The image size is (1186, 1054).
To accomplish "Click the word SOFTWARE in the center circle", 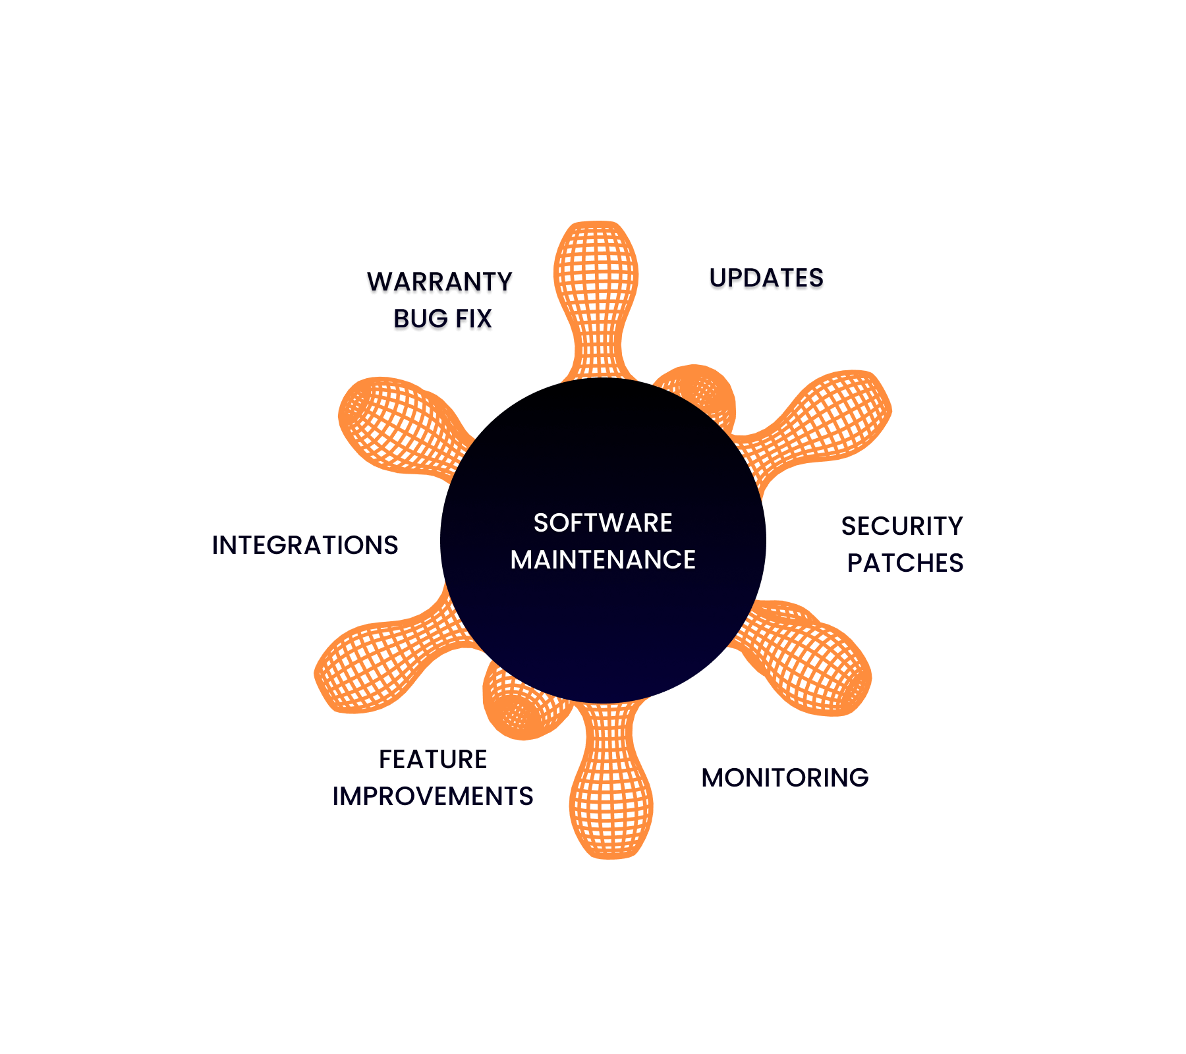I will tap(603, 523).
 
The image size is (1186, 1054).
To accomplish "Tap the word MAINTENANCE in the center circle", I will tap(603, 560).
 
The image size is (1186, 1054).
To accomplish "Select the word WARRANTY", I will tap(439, 285).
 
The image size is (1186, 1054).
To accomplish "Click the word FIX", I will tap(474, 321).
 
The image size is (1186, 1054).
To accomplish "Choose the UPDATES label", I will tap(766, 281).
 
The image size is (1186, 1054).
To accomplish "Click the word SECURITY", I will tap(902, 526).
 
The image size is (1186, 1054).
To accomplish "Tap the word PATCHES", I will tap(905, 563).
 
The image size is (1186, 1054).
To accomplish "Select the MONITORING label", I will tap(784, 778).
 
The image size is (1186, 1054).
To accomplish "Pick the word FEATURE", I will tap(433, 760).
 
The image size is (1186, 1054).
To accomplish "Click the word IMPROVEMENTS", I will tap(433, 796).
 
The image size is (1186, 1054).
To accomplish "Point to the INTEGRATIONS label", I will tap(305, 545).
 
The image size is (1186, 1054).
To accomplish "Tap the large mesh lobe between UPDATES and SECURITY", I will tap(837, 415).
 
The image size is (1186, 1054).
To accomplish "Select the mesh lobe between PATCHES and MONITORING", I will tap(817, 665).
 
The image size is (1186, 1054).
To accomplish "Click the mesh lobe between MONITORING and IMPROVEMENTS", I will tap(611, 797).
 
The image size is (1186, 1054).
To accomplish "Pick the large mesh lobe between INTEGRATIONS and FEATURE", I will tap(369, 665).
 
